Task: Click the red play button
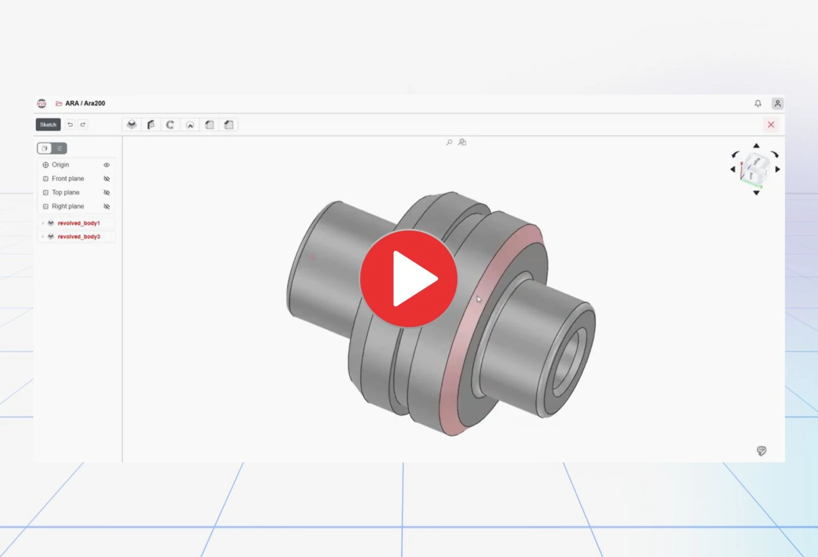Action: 408,278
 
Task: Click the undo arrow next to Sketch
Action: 70,125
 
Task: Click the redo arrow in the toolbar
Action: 83,125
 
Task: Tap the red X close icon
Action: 770,125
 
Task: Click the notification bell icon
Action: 758,103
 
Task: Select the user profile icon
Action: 778,103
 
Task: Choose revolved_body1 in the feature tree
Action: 79,223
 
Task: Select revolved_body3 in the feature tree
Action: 79,236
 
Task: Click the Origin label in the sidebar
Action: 60,165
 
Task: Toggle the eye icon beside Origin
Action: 106,165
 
